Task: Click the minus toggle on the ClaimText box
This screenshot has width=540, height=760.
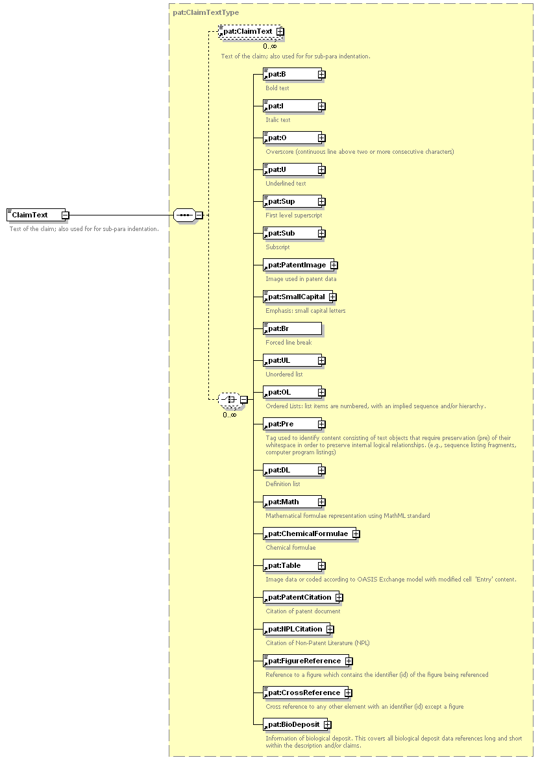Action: (x=65, y=215)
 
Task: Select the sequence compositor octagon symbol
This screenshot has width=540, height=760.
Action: (x=185, y=215)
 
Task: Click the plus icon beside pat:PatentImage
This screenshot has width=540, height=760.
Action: (x=334, y=265)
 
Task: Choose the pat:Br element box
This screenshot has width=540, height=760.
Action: (x=292, y=328)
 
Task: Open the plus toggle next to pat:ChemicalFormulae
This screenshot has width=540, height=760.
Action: (x=356, y=533)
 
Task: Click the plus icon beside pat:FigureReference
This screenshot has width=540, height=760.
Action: (x=349, y=661)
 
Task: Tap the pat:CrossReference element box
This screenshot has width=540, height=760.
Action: (x=306, y=693)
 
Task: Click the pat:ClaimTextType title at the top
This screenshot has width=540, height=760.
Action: (x=206, y=12)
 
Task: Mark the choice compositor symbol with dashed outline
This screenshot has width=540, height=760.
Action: (x=229, y=399)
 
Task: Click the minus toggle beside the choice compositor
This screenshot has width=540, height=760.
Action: (x=244, y=399)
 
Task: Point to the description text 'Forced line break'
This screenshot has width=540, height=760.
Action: (x=288, y=342)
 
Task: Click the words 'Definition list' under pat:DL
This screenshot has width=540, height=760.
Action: (x=282, y=484)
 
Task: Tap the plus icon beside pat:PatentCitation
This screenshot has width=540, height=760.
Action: (x=339, y=598)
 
